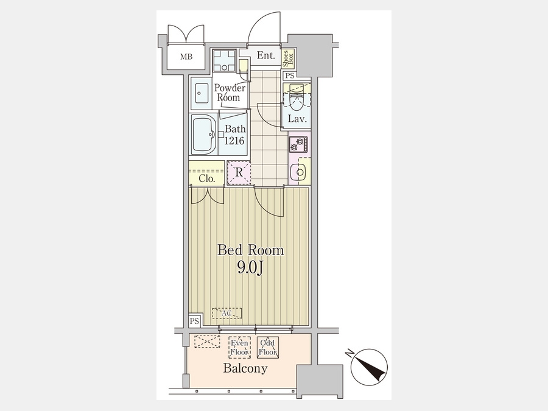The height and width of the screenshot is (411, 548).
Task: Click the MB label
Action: [x=186, y=57]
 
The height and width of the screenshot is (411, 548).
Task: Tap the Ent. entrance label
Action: [x=266, y=55]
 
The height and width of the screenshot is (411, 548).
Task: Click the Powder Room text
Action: [x=230, y=93]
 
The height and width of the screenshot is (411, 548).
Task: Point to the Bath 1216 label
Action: [x=235, y=135]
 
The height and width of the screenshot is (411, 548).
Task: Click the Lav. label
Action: [x=297, y=119]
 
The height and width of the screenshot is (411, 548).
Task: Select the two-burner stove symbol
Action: [x=298, y=144]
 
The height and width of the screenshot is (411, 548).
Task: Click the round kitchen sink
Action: [x=299, y=172]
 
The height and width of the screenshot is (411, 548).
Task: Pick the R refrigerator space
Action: [x=239, y=172]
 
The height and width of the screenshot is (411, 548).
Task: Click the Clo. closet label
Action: [x=206, y=178]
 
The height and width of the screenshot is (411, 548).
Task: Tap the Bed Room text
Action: [x=251, y=250]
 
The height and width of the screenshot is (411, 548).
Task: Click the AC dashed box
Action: [x=227, y=313]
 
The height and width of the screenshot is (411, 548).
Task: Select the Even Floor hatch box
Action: [x=239, y=348]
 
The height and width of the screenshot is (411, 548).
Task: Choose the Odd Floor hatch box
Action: [x=267, y=348]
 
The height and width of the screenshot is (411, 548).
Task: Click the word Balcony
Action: [x=245, y=368]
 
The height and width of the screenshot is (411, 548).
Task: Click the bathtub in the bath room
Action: [x=203, y=135]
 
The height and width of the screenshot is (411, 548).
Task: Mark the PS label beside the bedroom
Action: [x=194, y=321]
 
